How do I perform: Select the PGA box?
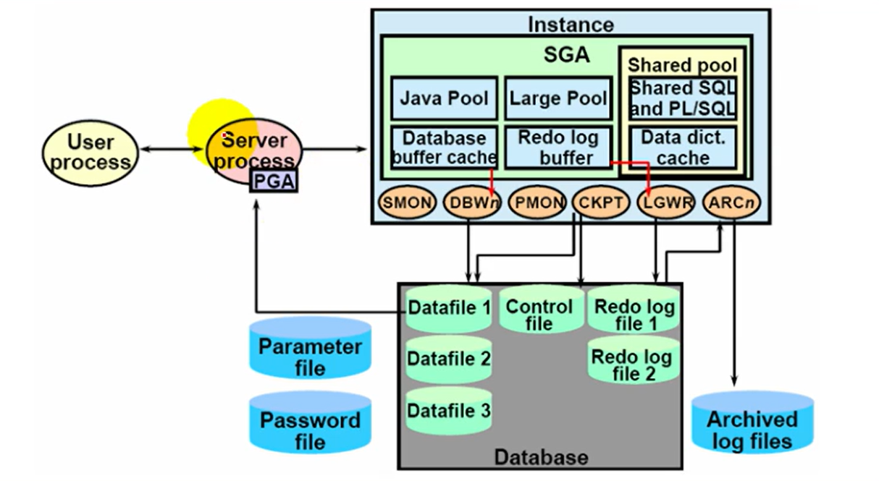(274, 181)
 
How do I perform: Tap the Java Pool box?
(445, 98)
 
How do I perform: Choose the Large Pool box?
(558, 98)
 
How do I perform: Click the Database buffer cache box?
(445, 148)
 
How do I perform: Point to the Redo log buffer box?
(558, 148)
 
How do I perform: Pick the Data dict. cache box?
(683, 148)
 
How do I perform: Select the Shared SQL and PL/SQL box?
(683, 98)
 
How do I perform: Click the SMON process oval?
(407, 203)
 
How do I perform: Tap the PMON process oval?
(537, 203)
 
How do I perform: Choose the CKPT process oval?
(601, 203)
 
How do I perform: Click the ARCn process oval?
(731, 203)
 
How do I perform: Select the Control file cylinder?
(539, 315)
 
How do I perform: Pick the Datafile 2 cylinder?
(449, 359)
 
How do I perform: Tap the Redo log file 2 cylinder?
(631, 365)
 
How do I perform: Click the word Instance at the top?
(571, 25)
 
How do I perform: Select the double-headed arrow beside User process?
(171, 150)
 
